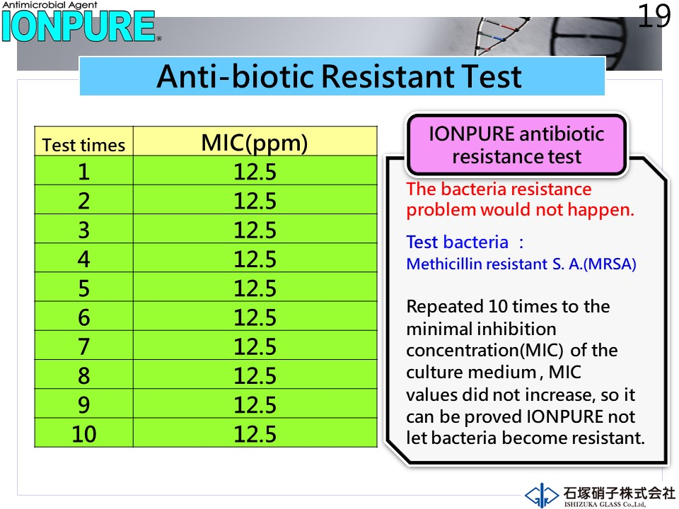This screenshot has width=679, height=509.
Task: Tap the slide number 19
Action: click(x=654, y=16)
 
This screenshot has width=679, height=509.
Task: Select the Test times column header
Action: click(x=83, y=145)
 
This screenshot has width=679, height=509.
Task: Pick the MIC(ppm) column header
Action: click(x=255, y=143)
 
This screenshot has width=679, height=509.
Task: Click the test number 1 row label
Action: click(x=83, y=172)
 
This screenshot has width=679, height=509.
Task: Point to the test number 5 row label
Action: click(x=83, y=288)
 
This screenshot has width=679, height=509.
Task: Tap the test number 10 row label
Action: click(x=83, y=433)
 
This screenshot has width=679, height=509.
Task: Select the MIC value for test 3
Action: click(x=255, y=230)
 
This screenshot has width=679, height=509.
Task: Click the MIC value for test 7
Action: click(x=255, y=346)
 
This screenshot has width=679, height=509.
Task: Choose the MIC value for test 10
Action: click(x=255, y=433)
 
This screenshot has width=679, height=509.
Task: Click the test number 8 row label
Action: click(x=83, y=375)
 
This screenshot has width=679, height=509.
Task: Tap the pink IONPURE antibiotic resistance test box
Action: click(x=516, y=144)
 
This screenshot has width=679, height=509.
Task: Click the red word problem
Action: click(x=441, y=211)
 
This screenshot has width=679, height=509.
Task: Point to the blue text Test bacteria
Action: click(x=457, y=242)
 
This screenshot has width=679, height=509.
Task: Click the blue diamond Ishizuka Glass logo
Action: click(x=541, y=495)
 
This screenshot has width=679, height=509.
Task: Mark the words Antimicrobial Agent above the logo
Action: click(x=50, y=5)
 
